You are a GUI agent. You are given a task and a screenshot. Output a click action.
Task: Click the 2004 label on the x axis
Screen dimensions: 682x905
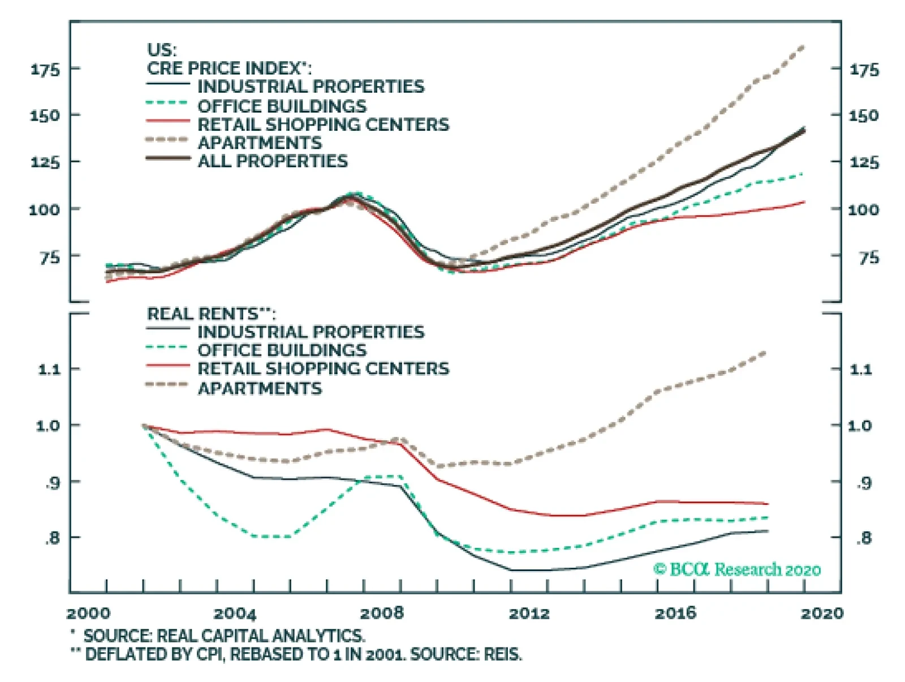234,614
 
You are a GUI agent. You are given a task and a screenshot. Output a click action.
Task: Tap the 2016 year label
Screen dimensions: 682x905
675,614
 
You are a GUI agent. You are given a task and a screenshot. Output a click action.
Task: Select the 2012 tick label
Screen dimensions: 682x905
529,614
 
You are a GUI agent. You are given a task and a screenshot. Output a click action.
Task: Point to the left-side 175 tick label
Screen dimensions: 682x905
45,70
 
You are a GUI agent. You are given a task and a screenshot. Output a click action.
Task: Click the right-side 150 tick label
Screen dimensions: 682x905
864,115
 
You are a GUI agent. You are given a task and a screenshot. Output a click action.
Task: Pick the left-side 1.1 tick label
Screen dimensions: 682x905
49,370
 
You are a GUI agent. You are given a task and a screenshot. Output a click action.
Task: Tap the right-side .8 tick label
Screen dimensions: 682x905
863,538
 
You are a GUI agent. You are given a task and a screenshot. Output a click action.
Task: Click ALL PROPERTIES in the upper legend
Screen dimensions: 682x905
273,161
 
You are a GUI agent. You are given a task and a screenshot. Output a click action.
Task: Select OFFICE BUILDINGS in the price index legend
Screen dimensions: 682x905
282,106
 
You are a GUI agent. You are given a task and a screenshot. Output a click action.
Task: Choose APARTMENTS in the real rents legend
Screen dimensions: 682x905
260,388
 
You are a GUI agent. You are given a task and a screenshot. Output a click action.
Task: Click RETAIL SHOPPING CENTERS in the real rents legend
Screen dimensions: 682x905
323,368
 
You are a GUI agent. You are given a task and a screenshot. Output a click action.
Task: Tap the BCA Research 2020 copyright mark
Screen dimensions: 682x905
737,569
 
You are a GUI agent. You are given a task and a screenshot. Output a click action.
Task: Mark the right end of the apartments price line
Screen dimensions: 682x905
804,48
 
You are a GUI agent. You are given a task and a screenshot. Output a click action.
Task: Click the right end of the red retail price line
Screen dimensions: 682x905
804,202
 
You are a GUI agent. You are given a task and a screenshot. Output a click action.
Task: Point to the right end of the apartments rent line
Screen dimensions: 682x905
766,352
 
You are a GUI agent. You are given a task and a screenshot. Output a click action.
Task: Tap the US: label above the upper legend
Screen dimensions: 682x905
162,50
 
